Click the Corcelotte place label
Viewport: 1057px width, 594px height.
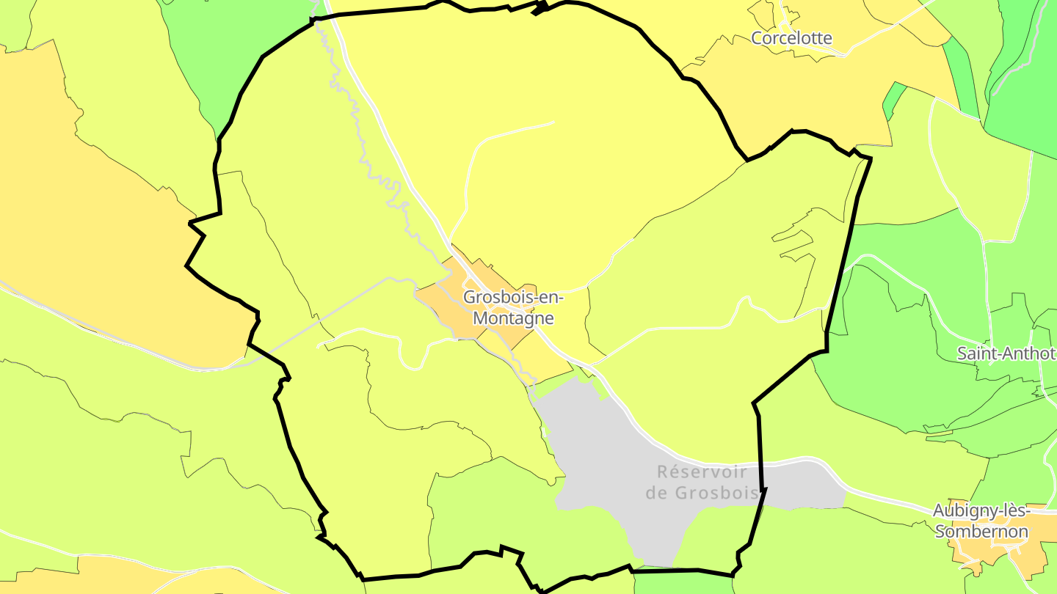pyautogui.click(x=791, y=37)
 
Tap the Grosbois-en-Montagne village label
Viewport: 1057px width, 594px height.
pyautogui.click(x=513, y=308)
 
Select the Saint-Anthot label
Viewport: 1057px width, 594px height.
pyautogui.click(x=1006, y=353)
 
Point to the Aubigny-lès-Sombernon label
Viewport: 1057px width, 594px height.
pyautogui.click(x=981, y=521)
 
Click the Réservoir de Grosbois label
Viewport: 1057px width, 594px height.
pyautogui.click(x=701, y=482)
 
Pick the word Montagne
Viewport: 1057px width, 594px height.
pyautogui.click(x=513, y=318)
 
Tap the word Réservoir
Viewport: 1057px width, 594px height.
pyautogui.click(x=701, y=472)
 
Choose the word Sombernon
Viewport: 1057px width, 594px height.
pyautogui.click(x=981, y=532)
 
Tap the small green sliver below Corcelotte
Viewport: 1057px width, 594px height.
pyautogui.click(x=893, y=98)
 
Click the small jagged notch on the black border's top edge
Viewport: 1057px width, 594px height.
pyautogui.click(x=541, y=9)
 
